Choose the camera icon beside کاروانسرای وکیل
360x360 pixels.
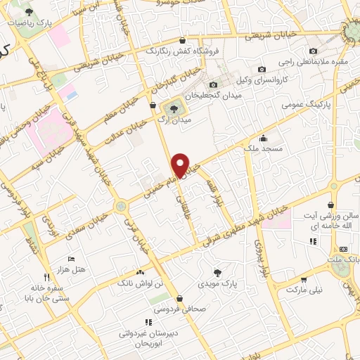(x=262, y=70)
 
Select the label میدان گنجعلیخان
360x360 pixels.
(x=210, y=94)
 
